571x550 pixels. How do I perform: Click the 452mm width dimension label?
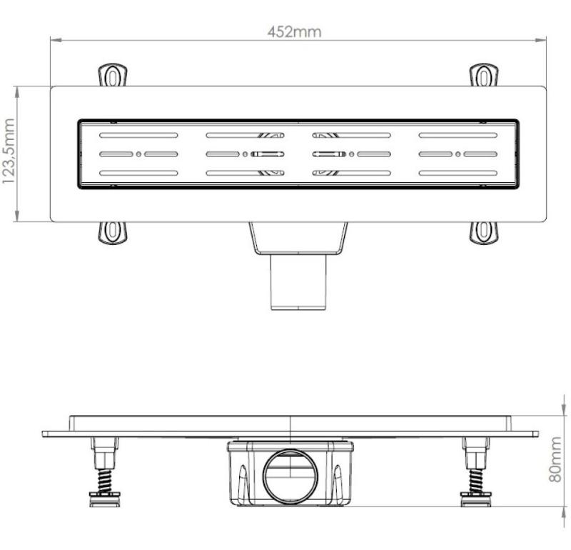pyautogui.click(x=295, y=31)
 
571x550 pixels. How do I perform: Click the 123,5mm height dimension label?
pyautogui.click(x=9, y=151)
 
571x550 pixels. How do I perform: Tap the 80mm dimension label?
pyautogui.click(x=555, y=459)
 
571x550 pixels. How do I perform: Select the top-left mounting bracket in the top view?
pyautogui.click(x=113, y=75)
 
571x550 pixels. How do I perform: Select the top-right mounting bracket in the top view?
pyautogui.click(x=483, y=75)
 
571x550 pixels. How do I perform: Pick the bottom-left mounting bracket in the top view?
pyautogui.click(x=113, y=233)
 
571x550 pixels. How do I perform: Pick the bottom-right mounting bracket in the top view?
pyautogui.click(x=483, y=233)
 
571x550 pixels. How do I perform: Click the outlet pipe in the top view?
pyautogui.click(x=298, y=282)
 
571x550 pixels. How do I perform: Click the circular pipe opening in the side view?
pyautogui.click(x=290, y=476)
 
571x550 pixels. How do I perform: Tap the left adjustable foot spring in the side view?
pyautogui.click(x=105, y=481)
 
